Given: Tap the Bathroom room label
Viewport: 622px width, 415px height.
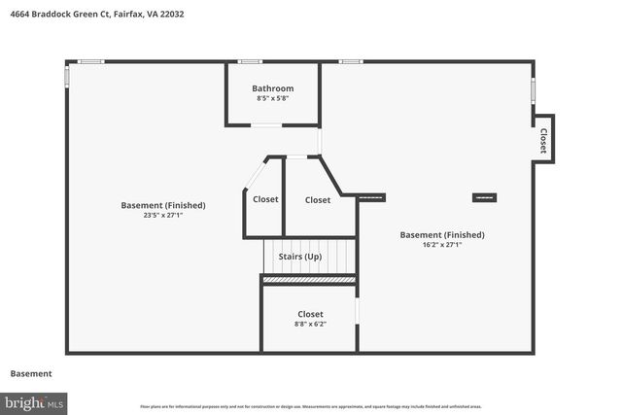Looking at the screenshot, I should [x=272, y=88].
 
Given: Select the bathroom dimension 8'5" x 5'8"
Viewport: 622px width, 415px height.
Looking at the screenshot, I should [x=272, y=98].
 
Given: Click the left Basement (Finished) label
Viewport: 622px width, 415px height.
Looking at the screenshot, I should [x=163, y=205].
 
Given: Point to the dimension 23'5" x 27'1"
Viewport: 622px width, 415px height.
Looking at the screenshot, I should [x=163, y=215].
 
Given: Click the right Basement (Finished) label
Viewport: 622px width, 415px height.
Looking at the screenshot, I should [x=442, y=234].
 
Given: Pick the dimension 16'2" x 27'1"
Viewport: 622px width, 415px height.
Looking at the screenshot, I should [x=442, y=245].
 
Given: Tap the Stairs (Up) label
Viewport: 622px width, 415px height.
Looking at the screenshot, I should [x=300, y=257].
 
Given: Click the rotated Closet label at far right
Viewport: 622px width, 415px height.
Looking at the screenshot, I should [x=543, y=141].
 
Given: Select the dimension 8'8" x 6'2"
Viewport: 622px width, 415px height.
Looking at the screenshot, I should [x=310, y=324].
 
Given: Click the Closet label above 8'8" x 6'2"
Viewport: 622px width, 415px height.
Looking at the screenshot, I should [x=310, y=314].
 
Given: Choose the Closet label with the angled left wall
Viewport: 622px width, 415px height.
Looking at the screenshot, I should [x=265, y=199].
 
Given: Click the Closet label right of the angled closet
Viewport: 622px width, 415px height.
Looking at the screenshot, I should [x=318, y=200].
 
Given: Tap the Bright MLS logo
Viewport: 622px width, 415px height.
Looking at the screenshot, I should [x=34, y=401].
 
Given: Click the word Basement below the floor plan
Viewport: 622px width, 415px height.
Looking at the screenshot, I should [x=31, y=373].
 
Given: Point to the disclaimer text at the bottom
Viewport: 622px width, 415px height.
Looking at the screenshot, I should [x=310, y=406].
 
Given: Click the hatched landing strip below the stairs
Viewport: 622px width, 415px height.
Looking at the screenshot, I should [x=309, y=280].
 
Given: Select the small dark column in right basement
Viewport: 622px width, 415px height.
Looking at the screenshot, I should [x=484, y=197].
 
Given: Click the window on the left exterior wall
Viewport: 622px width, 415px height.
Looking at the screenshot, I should [x=67, y=75].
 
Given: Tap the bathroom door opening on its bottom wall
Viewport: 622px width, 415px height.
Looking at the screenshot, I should [x=265, y=124].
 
